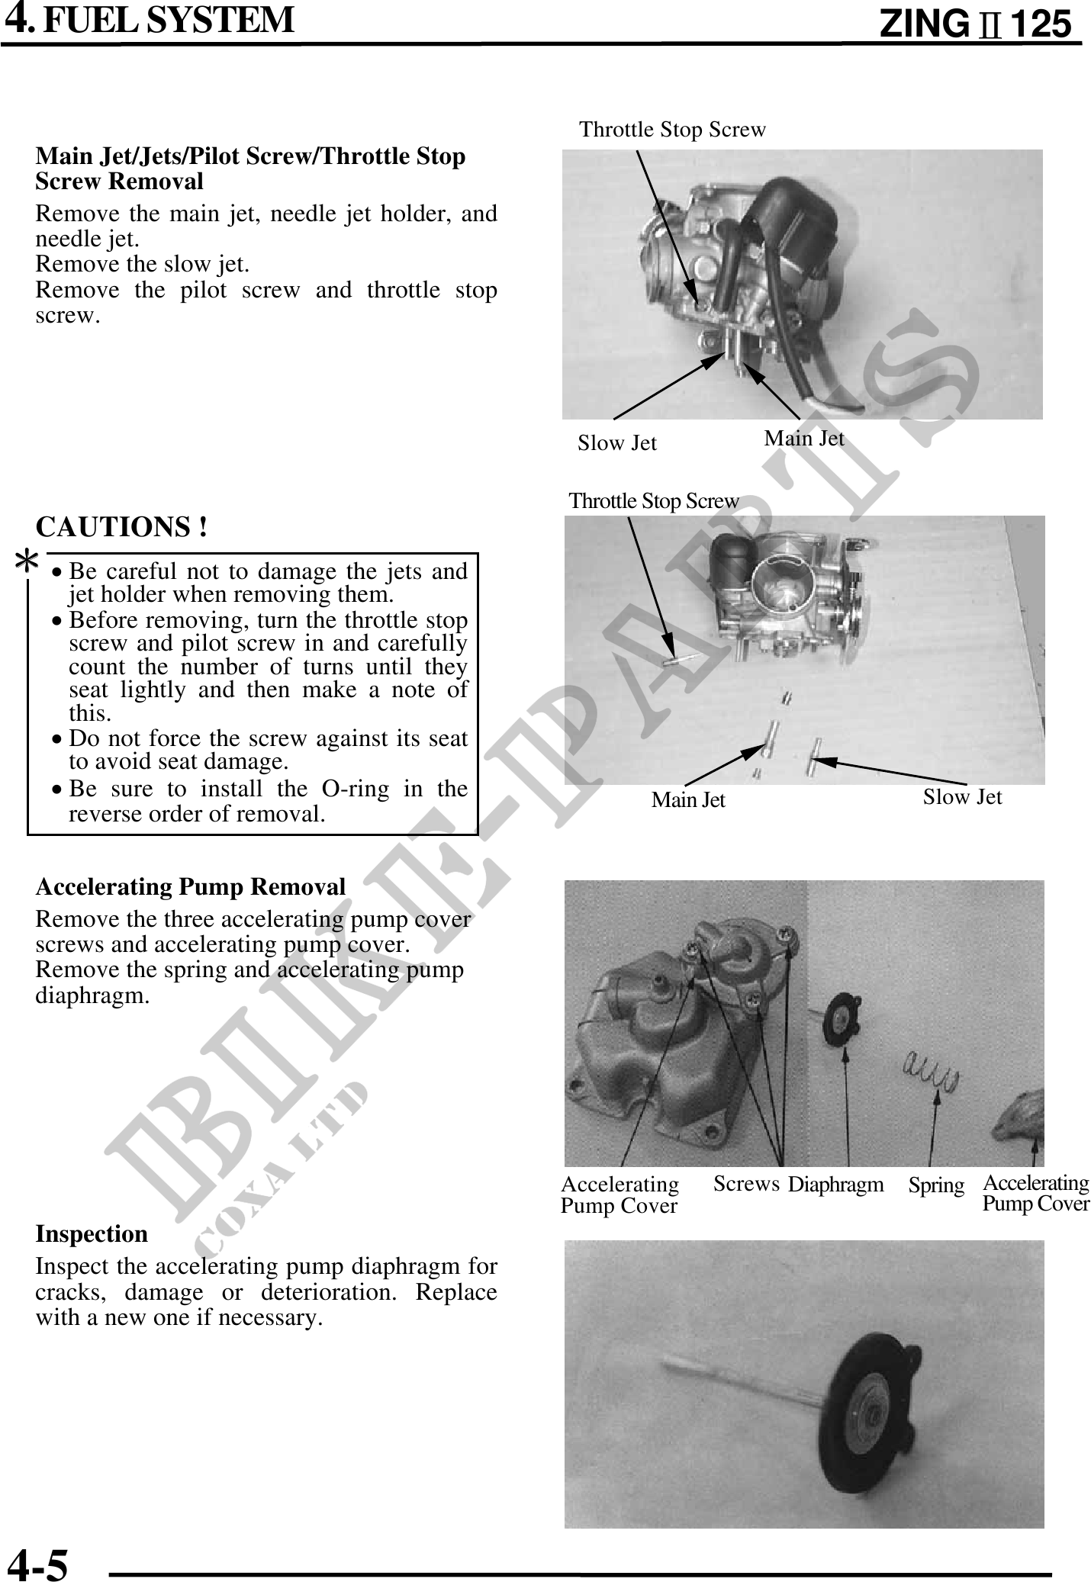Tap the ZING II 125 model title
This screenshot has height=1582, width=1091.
(x=975, y=24)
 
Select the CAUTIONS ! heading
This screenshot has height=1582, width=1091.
(x=121, y=526)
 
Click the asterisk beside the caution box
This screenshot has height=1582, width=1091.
(x=27, y=563)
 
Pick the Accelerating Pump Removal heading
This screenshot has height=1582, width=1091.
(x=191, y=886)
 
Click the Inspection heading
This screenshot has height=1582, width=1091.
(x=92, y=1233)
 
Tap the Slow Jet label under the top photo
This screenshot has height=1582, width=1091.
(x=616, y=442)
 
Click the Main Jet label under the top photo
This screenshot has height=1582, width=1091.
(x=804, y=438)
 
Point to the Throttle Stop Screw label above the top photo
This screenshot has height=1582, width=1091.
(x=672, y=130)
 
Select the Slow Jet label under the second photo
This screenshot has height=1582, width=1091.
(x=962, y=796)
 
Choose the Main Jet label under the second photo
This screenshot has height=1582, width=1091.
(x=688, y=799)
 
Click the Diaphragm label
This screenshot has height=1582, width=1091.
(x=835, y=1184)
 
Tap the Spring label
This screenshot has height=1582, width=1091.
(x=936, y=1185)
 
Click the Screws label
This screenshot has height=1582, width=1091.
(x=746, y=1183)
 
